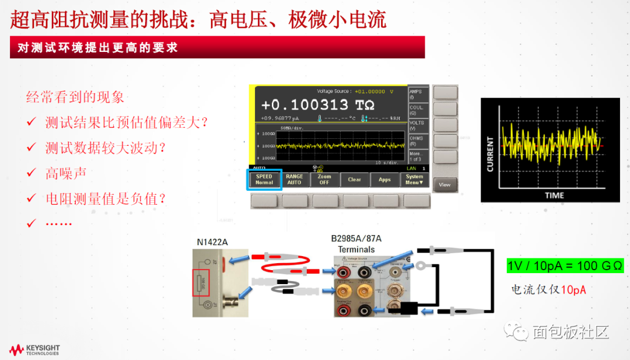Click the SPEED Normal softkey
coord(264,179)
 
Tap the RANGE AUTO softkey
coord(295,179)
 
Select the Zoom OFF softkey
coord(324,179)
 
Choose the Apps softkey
coord(384,179)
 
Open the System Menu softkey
coord(415,179)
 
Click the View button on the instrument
coord(444,184)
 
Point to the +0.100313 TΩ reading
coord(318,105)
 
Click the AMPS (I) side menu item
coord(417,94)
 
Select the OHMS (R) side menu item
coord(417,140)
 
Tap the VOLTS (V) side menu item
coord(417,125)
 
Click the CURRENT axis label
coord(490,155)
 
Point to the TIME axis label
coord(554,195)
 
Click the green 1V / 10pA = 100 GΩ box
coord(565,266)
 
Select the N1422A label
coord(213,242)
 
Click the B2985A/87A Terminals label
coord(356,244)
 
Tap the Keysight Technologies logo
coord(35,350)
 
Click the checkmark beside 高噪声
coord(32,173)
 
